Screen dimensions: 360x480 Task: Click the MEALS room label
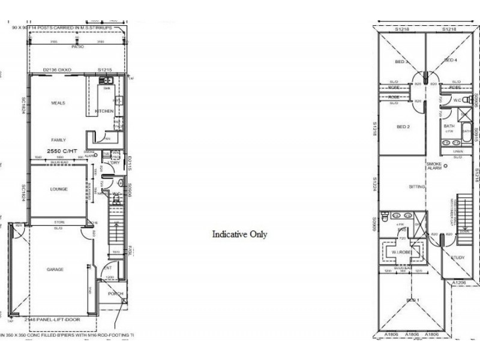click(x=58, y=103)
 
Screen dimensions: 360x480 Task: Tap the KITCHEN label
click(x=104, y=112)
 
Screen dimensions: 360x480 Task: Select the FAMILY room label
click(x=58, y=139)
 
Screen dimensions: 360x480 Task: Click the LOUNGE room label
click(x=58, y=190)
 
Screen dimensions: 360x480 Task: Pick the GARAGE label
click(x=55, y=269)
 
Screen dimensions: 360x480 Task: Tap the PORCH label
click(x=115, y=294)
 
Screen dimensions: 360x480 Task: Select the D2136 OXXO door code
click(x=58, y=70)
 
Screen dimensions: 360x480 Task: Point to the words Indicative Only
click(x=239, y=235)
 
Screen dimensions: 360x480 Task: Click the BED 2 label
click(x=403, y=127)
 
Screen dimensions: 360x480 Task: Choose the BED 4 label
click(x=451, y=61)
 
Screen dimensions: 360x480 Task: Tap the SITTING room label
click(x=417, y=187)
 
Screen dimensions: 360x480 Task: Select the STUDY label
click(x=457, y=257)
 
